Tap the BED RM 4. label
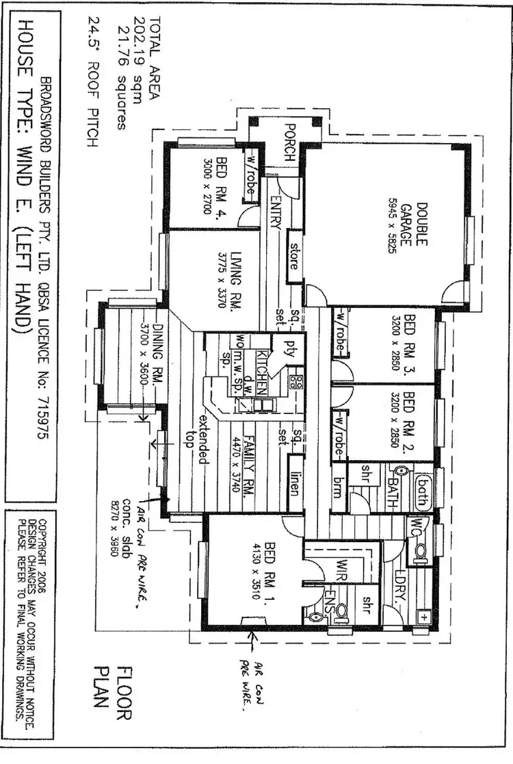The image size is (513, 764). [221, 184]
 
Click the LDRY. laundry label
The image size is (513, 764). [397, 582]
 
